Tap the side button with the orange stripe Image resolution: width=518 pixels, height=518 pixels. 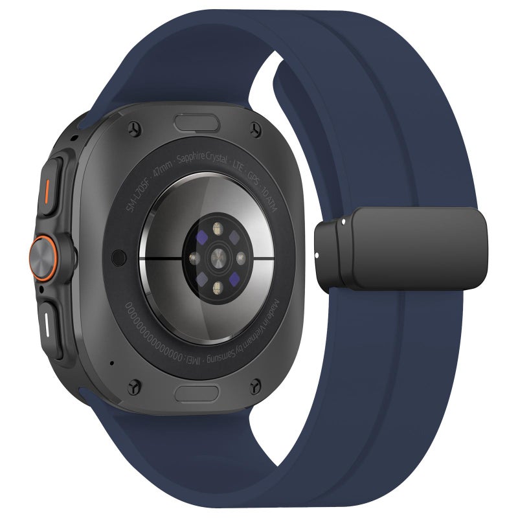click(50, 188)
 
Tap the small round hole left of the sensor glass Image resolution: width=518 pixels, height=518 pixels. click(118, 257)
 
